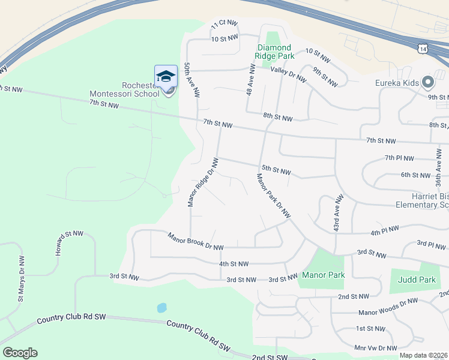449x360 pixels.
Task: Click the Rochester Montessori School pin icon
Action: [166, 77]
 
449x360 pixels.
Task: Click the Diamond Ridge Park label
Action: [274, 52]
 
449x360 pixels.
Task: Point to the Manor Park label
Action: [323, 275]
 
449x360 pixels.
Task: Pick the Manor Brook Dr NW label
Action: [196, 242]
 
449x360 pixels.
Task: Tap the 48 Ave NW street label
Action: [252, 80]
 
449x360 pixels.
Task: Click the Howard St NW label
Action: [64, 242]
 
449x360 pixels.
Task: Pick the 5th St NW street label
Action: [276, 170]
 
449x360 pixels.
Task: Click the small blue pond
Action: [161, 308]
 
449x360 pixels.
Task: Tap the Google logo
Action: [20, 353]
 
